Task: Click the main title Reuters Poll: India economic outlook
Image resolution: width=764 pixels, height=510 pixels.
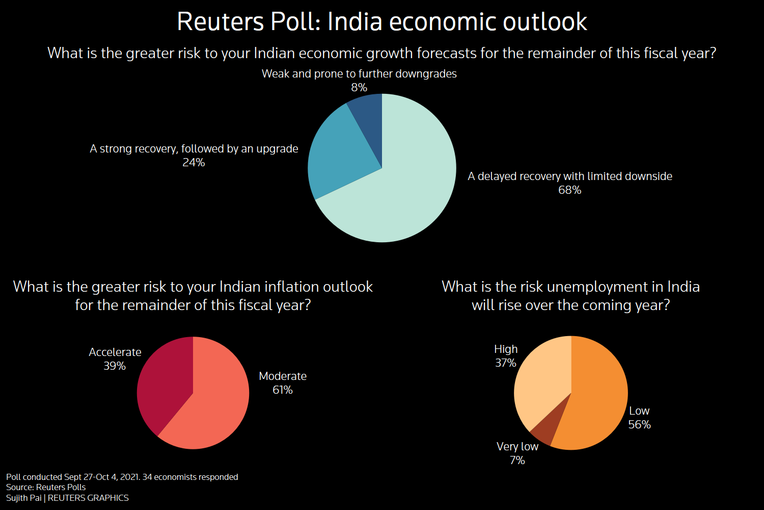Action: [382, 22]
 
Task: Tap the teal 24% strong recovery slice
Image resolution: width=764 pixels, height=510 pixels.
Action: [336, 153]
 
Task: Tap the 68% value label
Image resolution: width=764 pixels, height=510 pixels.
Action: [569, 190]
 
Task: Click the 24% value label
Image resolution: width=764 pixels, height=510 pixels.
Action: [194, 163]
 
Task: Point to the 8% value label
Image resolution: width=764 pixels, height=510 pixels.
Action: [359, 88]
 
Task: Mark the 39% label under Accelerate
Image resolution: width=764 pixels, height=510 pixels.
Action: [115, 366]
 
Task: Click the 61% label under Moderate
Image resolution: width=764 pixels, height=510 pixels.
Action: [283, 390]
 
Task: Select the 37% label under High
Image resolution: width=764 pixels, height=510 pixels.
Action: [506, 363]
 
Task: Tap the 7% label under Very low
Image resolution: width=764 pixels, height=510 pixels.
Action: [517, 461]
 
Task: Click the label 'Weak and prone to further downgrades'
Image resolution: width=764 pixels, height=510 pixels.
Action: [359, 74]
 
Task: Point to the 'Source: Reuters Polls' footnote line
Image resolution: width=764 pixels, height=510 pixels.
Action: [46, 488]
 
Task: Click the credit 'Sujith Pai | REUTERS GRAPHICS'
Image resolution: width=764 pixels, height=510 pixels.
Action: [67, 498]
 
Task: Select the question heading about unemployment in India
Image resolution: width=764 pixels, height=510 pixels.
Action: [570, 296]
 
